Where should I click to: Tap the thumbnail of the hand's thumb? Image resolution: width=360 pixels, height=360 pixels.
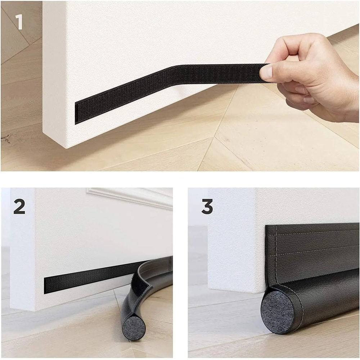[266, 72]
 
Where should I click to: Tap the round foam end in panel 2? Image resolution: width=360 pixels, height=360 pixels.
[133, 329]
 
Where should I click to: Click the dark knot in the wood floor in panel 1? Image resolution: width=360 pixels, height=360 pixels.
[6, 138]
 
